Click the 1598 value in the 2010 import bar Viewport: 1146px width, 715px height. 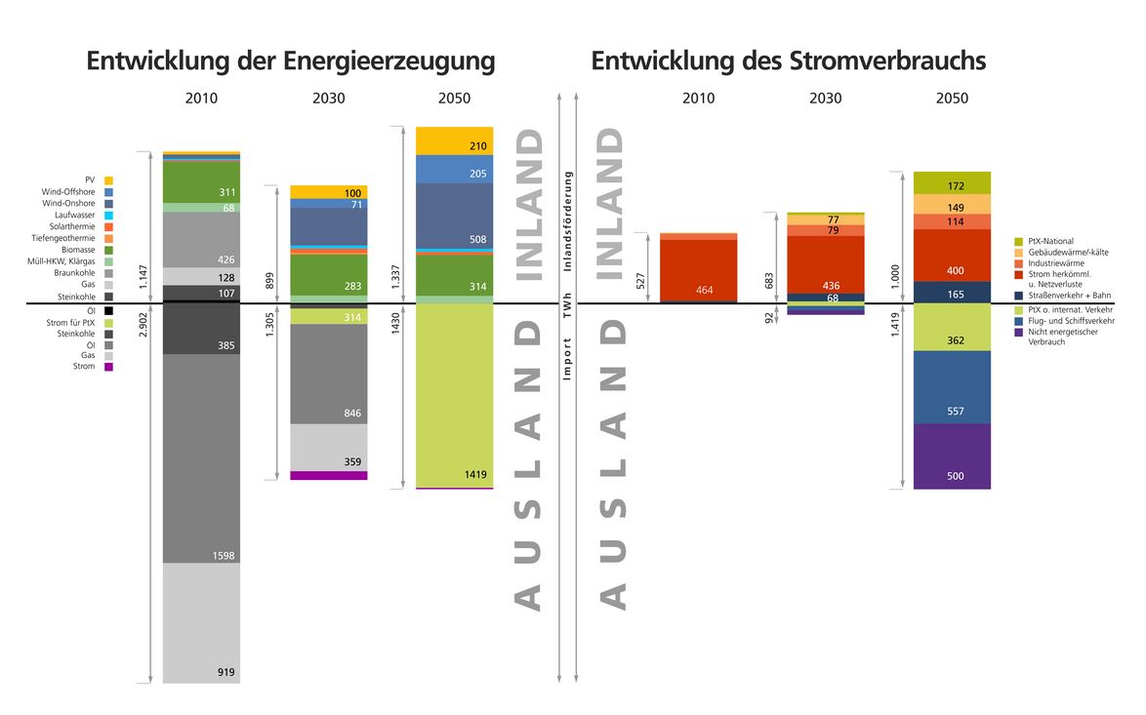click(x=223, y=556)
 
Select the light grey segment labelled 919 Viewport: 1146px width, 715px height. click(x=201, y=624)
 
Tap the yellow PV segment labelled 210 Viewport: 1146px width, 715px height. click(x=454, y=140)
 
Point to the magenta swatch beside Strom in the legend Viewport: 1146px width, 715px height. click(x=108, y=367)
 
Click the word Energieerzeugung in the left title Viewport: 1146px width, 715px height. click(x=389, y=61)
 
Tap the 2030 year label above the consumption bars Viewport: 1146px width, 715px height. click(x=825, y=99)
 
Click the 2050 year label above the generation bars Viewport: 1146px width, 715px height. click(x=454, y=99)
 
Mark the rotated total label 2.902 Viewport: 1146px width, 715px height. click(x=144, y=323)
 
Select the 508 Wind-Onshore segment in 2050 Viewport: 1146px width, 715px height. click(x=454, y=216)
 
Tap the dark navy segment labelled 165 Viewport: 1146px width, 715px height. click(x=952, y=292)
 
